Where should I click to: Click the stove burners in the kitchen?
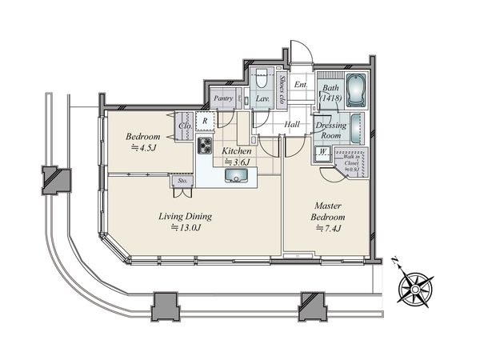pyautogui.click(x=206, y=146)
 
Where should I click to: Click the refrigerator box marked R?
pyautogui.click(x=206, y=122)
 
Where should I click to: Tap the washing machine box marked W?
pyautogui.click(x=322, y=153)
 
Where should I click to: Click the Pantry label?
pyautogui.click(x=223, y=99)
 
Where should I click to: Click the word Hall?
pyautogui.click(x=292, y=124)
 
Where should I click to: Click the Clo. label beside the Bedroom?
pyautogui.click(x=183, y=126)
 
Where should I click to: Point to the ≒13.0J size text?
pyautogui.click(x=186, y=228)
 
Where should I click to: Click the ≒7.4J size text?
pyautogui.click(x=328, y=230)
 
